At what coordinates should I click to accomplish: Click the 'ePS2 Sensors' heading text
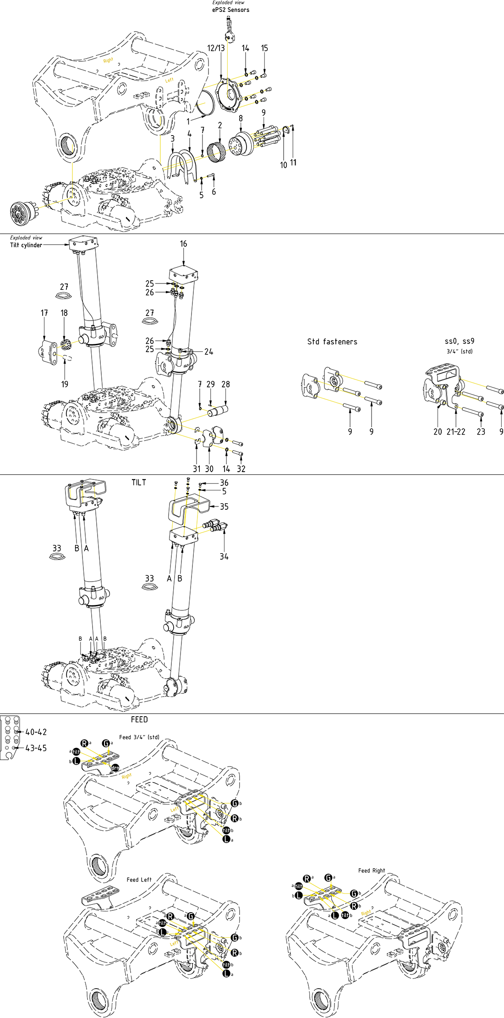coord(230,10)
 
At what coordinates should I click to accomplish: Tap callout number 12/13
coord(216,48)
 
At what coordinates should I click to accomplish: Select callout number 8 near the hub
coord(241,119)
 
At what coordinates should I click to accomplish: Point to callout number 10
coord(284,165)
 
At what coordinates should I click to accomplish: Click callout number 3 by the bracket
coord(172,138)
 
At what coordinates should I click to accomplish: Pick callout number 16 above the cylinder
coord(183,244)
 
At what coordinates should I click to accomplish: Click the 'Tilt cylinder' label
coord(26,245)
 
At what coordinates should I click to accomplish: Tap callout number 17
coord(44,313)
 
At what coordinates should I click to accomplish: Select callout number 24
coord(208,352)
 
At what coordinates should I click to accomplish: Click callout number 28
coord(225,384)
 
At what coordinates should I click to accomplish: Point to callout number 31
coord(197,468)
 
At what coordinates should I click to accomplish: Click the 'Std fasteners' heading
coord(332,342)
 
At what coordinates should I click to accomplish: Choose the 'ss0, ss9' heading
coord(460,341)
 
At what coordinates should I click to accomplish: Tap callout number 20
coord(438,431)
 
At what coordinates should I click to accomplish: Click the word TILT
coord(139,483)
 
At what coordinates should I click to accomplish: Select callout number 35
coord(224,506)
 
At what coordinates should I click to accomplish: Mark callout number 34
coord(224,556)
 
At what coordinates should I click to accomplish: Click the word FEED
coord(139,719)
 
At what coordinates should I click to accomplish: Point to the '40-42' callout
coord(36,732)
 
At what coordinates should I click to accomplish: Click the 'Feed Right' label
coord(372,871)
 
